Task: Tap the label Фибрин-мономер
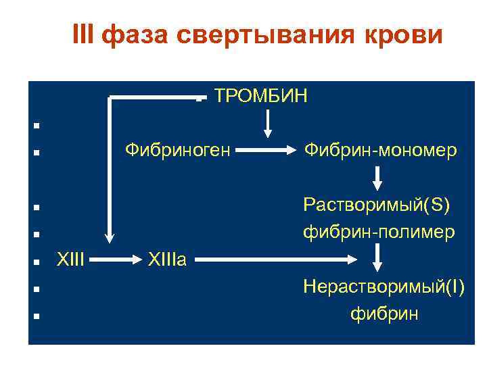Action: point(380,150)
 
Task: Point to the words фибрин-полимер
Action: point(379,232)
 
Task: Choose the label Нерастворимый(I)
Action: point(384,287)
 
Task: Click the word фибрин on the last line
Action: point(384,314)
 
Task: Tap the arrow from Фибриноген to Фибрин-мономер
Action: point(265,150)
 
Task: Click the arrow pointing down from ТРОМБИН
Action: point(269,122)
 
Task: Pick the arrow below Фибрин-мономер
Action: point(377,177)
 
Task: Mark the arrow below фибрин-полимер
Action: point(377,258)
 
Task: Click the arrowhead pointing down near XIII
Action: point(108,236)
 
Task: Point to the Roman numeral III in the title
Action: point(84,35)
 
